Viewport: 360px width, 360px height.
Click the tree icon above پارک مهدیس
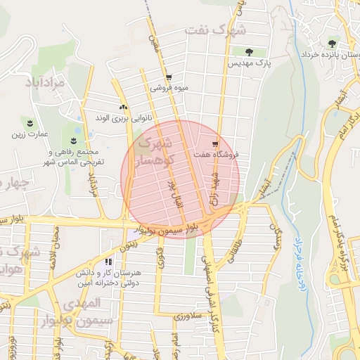(250, 51)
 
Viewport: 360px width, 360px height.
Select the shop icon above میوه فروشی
(168, 77)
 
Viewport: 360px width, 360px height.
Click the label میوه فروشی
(167, 89)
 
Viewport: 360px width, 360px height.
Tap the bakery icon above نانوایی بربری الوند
(124, 107)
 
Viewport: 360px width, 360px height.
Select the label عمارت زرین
(32, 133)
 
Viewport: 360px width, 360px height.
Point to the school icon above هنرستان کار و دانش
(108, 260)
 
